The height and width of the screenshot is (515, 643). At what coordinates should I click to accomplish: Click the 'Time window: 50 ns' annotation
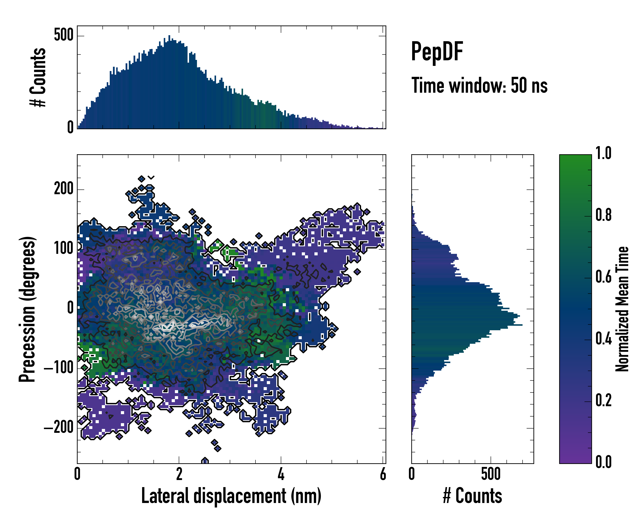coord(479,86)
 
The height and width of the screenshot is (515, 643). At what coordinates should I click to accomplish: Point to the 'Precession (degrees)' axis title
coord(27,309)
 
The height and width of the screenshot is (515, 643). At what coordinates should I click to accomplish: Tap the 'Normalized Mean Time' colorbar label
coord(622,309)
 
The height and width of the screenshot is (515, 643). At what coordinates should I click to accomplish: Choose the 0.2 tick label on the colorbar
coord(603,400)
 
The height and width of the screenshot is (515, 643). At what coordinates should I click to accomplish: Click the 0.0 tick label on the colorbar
coord(603,462)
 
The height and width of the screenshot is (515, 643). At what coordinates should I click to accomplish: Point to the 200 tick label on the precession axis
coord(63,189)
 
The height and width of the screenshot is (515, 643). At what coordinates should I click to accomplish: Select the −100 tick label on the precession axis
coord(59,368)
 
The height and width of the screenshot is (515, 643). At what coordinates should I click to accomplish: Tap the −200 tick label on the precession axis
coord(59,427)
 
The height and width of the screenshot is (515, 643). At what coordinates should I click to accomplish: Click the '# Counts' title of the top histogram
coord(38,77)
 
